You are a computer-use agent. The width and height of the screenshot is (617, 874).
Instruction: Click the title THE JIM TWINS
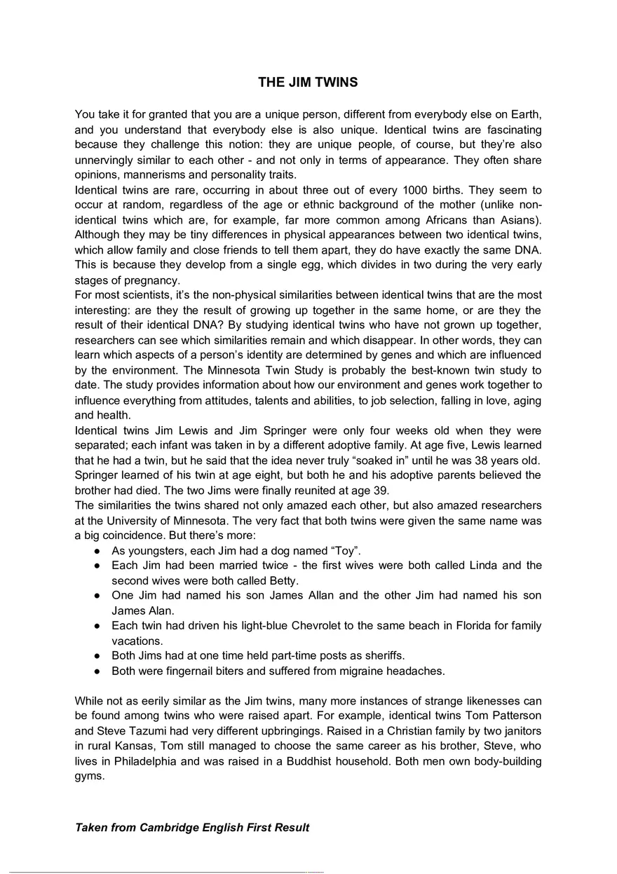tap(308, 82)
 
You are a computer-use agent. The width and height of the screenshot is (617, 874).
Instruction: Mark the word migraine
tap(371, 671)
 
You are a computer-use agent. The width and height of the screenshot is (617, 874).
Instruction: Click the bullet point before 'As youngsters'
tap(97, 550)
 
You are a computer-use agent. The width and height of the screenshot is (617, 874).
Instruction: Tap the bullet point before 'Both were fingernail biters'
tap(97, 671)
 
